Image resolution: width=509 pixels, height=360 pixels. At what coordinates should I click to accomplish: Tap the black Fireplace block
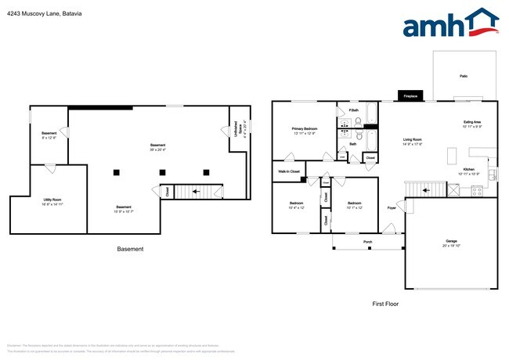410,96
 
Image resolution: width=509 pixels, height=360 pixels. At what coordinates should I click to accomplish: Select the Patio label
464,76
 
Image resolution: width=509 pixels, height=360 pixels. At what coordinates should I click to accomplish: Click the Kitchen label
469,171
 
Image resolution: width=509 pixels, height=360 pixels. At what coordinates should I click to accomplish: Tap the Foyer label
391,208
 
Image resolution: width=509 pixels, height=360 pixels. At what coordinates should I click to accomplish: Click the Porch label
368,242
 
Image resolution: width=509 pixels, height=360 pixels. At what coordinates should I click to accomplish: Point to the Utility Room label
53,201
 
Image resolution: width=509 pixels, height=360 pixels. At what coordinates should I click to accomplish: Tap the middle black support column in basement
161,172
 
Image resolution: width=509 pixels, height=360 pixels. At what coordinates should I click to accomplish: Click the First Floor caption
385,303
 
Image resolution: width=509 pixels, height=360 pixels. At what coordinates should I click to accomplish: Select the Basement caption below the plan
131,250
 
